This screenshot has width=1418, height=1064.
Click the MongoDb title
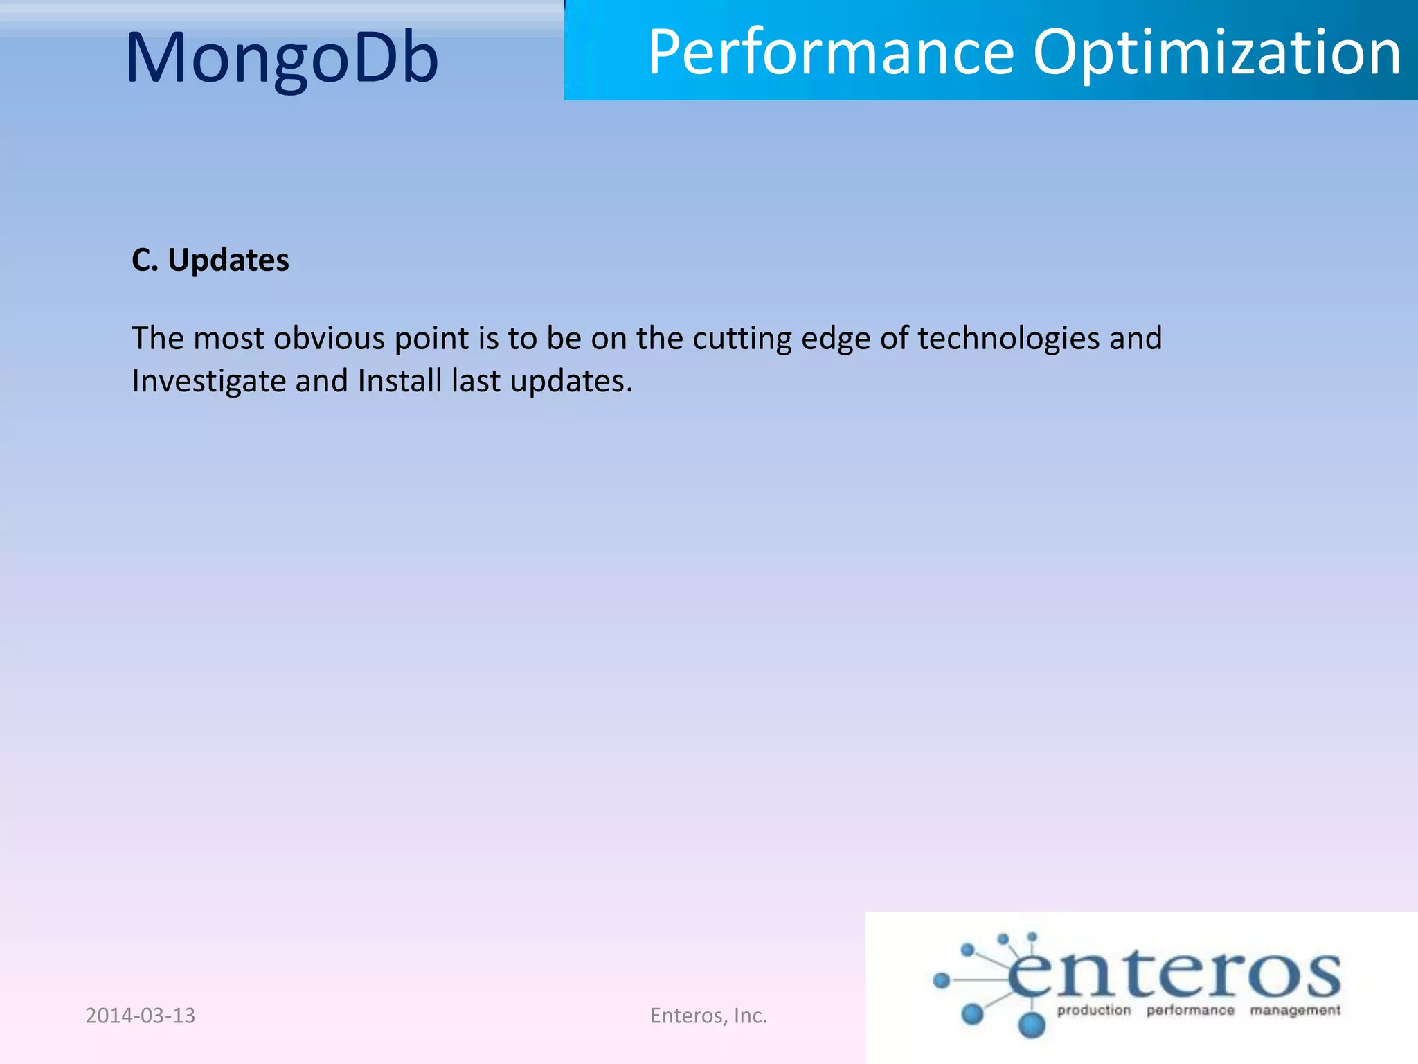[282, 58]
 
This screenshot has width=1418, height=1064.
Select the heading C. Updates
[210, 260]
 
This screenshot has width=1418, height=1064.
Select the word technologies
[1008, 339]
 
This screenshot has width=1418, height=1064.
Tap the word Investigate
[208, 381]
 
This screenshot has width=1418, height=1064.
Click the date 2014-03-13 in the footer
[141, 1016]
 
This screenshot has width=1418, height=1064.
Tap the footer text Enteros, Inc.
[708, 1016]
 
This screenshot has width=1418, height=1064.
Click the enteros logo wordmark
[1173, 973]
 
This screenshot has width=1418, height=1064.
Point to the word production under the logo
[1093, 1011]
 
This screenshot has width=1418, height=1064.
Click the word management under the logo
[1295, 1011]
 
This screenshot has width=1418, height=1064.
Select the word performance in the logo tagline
[1190, 1011]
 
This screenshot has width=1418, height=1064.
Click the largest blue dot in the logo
[1032, 1024]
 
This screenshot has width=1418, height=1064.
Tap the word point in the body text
[431, 339]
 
